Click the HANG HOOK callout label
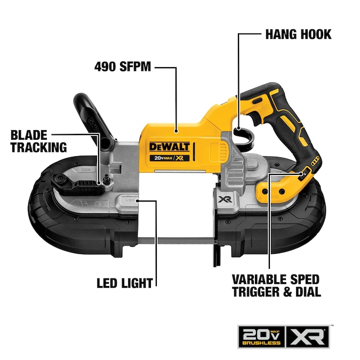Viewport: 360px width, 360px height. coord(298,35)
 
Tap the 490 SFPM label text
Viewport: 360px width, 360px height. coord(123,67)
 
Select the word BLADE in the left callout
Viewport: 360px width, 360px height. coord(29,135)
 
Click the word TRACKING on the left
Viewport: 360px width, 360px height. coord(38,147)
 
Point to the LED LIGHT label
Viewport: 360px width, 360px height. coord(125,283)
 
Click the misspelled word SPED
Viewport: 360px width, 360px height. coord(305,279)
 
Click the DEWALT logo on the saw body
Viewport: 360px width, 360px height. coord(170,147)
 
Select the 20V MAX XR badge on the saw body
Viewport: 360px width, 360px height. coord(170,158)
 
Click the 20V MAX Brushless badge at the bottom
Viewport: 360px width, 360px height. coord(261,337)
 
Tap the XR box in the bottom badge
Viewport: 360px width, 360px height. coord(307,337)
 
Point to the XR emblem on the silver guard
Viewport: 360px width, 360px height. coord(225,199)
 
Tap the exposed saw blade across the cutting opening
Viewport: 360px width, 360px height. coord(177,241)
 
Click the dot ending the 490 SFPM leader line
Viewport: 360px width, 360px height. coord(176,131)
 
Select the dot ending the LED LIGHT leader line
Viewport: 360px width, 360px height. coord(137,201)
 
